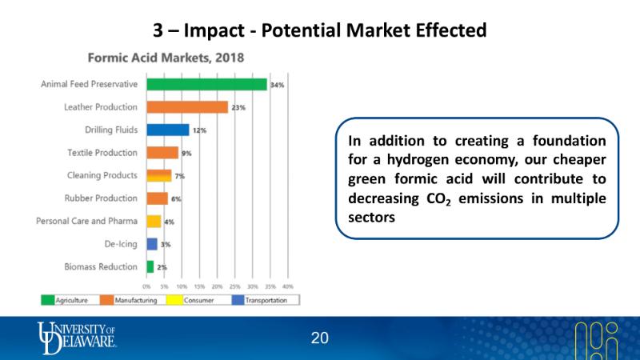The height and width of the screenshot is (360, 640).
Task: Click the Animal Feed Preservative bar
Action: tap(206, 84)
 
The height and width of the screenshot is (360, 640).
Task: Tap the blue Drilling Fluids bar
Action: tap(167, 130)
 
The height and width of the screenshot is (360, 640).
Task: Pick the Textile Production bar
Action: tap(162, 152)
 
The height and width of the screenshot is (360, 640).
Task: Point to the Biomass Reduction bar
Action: tap(150, 266)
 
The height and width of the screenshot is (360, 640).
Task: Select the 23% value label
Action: tap(238, 107)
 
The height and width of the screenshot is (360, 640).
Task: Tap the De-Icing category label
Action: tap(121, 243)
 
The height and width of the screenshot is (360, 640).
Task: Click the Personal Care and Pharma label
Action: tap(87, 221)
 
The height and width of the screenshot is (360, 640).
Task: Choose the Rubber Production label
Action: tap(101, 198)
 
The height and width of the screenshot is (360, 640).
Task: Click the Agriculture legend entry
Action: tap(71, 300)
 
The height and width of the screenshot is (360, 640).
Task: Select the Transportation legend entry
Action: tap(267, 300)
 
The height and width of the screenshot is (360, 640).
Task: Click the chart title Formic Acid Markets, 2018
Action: tap(166, 58)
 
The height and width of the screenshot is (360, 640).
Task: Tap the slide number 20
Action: tap(320, 338)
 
